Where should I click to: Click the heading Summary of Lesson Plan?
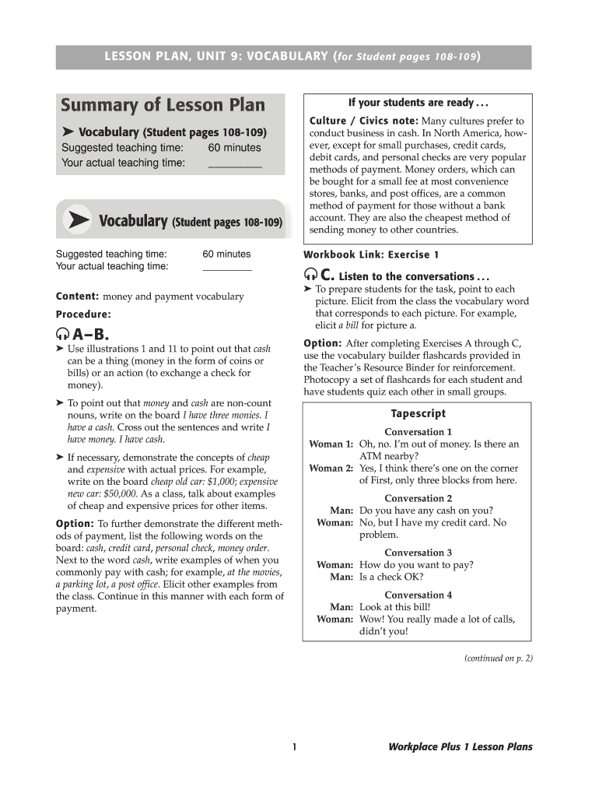coord(163,104)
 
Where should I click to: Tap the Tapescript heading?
coord(418,414)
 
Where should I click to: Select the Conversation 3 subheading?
coord(418,553)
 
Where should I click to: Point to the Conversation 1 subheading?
coord(418,432)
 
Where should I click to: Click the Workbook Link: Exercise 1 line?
coord(371,255)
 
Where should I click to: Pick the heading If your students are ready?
coord(418,103)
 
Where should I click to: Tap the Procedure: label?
coord(83,314)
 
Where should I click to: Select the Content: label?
coord(77,297)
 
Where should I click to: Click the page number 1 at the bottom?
coord(295,747)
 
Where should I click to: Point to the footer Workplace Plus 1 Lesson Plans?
coord(461,747)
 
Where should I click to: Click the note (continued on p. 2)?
coord(498,658)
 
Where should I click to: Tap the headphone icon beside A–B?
coord(63,336)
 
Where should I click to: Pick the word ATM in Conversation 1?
coord(371,456)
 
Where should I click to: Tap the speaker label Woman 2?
coord(331,469)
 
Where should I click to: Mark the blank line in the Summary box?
coord(234,163)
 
